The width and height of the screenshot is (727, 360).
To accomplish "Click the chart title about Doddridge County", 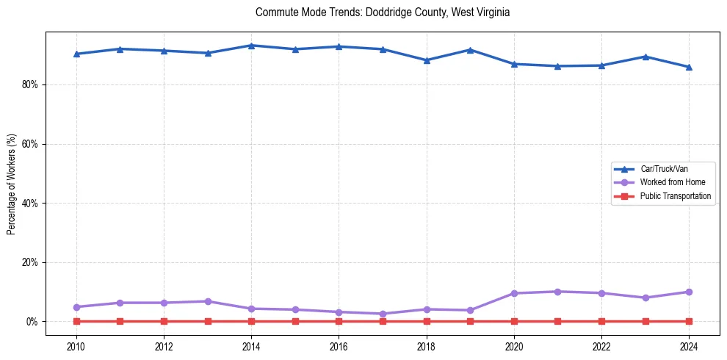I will (383, 12).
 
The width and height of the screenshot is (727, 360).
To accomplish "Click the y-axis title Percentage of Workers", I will (12, 184).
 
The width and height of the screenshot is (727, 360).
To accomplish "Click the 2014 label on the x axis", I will (251, 347).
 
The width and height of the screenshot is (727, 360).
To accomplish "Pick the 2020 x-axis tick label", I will (514, 347).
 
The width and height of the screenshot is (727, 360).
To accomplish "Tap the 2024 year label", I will (689, 347).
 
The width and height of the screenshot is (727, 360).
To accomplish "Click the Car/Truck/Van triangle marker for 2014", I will (251, 46).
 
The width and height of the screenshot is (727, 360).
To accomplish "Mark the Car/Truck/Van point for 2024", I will (689, 67).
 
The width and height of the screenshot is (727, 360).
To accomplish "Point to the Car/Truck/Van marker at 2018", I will (427, 60).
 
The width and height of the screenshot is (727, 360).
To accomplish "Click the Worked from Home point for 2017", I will (383, 314).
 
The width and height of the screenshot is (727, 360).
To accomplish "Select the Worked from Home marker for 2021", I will (557, 292).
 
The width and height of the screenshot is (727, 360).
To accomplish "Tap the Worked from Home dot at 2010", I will (76, 307).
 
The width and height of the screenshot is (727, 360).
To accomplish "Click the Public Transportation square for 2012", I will (164, 321).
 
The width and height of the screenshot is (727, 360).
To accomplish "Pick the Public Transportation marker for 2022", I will (601, 321).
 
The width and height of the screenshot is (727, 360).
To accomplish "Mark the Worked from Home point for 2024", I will (689, 292).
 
